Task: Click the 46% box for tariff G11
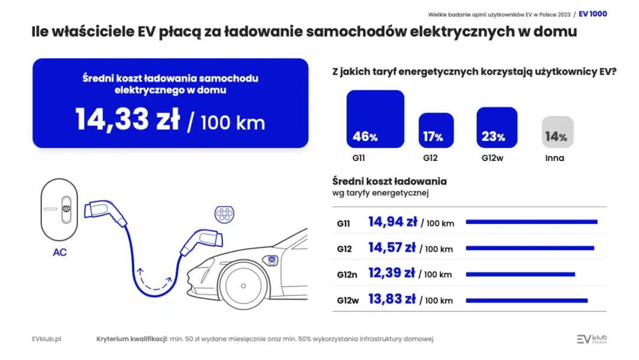tap(375, 119)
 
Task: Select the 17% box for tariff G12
tap(436, 130)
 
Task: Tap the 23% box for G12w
tap(496, 127)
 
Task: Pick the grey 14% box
tap(557, 132)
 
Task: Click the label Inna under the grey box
tap(554, 158)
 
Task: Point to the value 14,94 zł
tap(392, 222)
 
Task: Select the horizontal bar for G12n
tap(520, 274)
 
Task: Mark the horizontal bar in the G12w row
tap(527, 300)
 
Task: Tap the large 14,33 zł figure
tap(128, 120)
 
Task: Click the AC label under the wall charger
tap(60, 252)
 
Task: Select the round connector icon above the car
tap(224, 214)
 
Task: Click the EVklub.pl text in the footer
tap(47, 339)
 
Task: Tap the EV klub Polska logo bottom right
tap(592, 339)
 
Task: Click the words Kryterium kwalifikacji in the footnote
tap(131, 339)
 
